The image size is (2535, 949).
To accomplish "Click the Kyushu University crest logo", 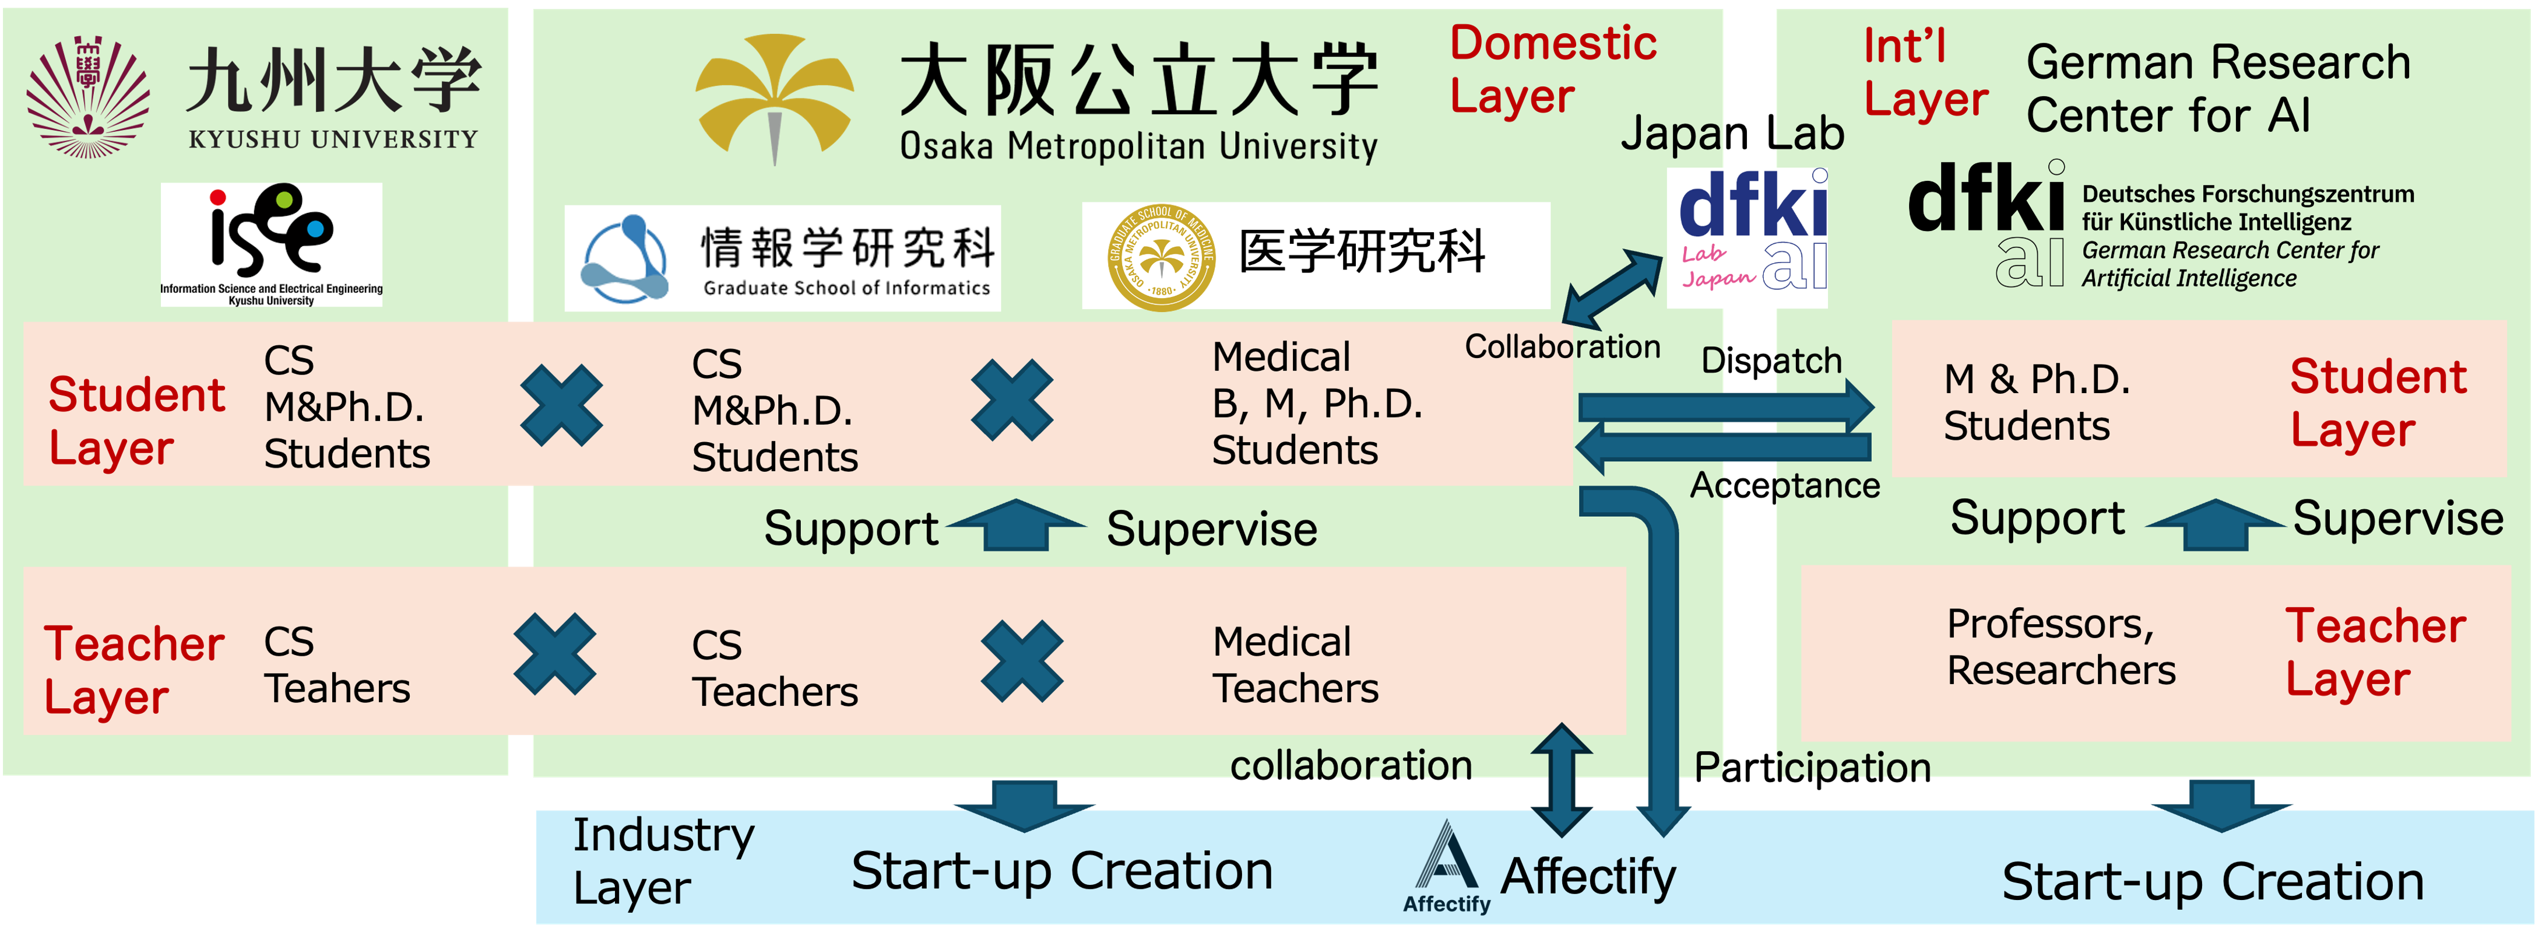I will (x=89, y=96).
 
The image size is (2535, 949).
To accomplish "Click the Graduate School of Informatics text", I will (x=846, y=288).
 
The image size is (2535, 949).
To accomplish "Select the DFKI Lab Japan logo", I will (x=1747, y=236).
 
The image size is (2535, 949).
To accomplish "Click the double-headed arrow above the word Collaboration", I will (x=1612, y=288).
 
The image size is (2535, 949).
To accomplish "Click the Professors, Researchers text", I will (x=2061, y=647).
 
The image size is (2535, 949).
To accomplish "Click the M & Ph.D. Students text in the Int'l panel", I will (x=2036, y=402).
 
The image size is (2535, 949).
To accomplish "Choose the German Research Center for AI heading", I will (x=2218, y=89).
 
